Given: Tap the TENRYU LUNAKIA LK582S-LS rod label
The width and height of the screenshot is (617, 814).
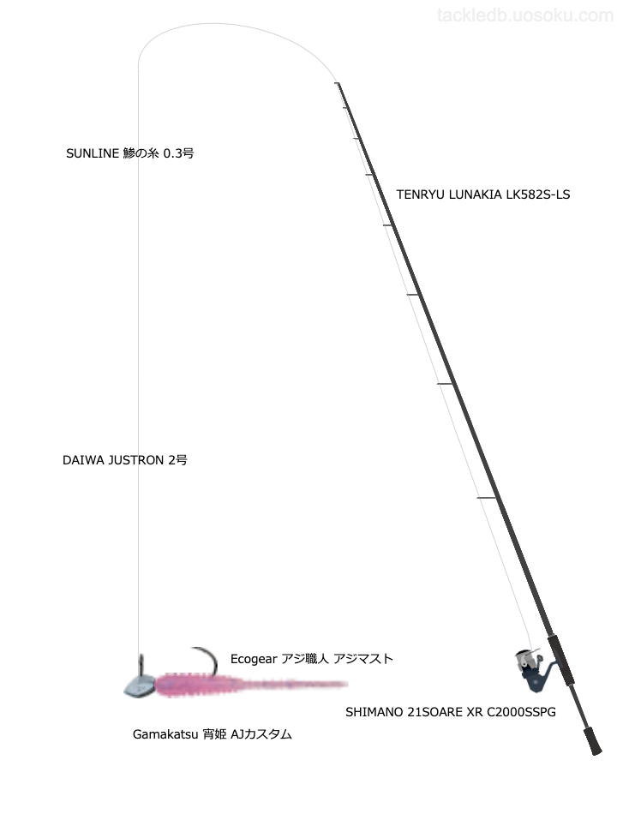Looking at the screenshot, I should click(482, 195).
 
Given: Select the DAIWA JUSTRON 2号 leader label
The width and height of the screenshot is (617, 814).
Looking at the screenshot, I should click(125, 460).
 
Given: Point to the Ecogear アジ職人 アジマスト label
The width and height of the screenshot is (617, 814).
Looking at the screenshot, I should click(312, 659).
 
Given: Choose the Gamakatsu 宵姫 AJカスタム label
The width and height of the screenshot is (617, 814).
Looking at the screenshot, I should click(213, 734).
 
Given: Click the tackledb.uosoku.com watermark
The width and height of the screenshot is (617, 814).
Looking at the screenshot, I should click(524, 15).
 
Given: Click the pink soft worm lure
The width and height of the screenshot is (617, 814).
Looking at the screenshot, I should click(249, 685).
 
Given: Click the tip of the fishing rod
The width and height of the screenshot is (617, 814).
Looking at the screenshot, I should click(338, 84).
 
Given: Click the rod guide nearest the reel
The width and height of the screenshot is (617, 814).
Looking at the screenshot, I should click(486, 498).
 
